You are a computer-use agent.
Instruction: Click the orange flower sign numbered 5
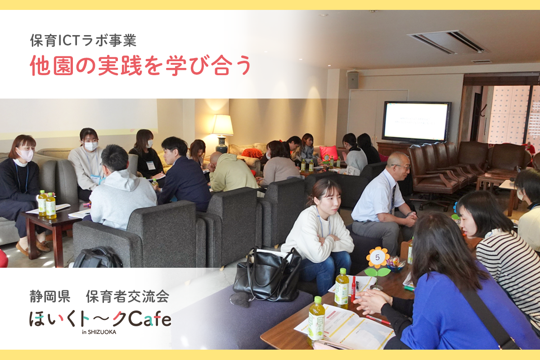tap(377, 257)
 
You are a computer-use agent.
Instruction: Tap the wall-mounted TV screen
tap(416, 122)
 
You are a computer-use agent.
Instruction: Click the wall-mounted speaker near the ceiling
tap(353, 80)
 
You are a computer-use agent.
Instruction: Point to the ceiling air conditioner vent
tap(448, 42)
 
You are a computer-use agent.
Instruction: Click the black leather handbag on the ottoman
tap(267, 275)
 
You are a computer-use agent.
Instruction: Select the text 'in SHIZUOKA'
tap(99, 332)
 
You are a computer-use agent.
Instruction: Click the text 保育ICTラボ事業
tap(83, 40)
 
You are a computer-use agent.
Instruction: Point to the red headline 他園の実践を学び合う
tap(140, 65)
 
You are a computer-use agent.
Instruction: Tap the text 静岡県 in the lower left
tap(50, 296)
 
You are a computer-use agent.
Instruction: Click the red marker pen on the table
tap(354, 288)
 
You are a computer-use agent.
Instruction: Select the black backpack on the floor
tap(97, 258)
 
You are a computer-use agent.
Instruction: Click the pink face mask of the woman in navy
tap(25, 155)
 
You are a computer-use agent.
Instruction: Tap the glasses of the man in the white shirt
tap(401, 166)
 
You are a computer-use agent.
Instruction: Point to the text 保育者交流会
tap(127, 296)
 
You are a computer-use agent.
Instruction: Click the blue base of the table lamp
tap(221, 144)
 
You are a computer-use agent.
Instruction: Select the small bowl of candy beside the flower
tap(395, 265)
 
